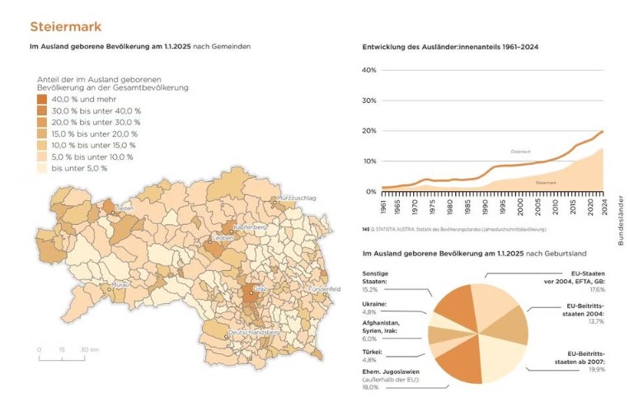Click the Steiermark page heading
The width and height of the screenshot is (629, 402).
point(65,27)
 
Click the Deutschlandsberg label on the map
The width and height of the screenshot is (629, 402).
point(255,331)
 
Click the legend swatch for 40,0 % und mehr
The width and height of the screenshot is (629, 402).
point(42,99)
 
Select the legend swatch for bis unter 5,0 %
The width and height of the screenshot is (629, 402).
point(42,168)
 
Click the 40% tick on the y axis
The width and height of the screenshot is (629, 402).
point(369,70)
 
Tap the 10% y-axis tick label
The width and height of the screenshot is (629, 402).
point(369,161)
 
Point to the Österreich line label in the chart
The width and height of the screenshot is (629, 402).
point(520,152)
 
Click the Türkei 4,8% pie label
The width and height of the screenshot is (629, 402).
point(374,355)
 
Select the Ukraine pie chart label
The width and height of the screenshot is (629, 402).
point(375,308)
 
